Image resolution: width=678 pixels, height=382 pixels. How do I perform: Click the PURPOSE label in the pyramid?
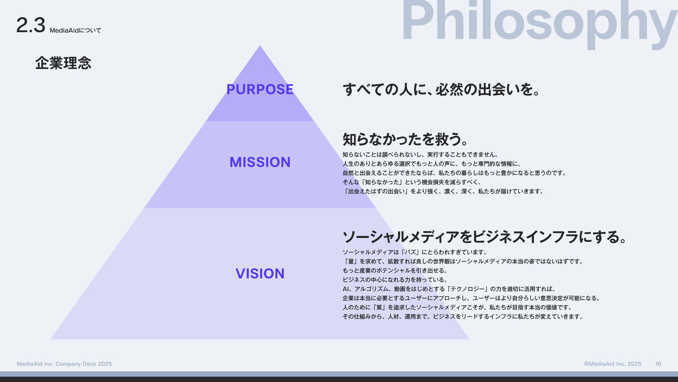click(260, 89)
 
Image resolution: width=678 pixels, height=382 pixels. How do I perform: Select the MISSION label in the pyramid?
click(260, 162)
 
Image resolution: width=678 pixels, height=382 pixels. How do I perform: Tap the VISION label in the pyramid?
click(260, 274)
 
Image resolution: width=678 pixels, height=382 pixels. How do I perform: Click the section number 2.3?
click(31, 25)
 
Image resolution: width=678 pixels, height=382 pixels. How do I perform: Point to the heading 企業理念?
click(63, 63)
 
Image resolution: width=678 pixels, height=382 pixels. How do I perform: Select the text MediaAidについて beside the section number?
click(75, 31)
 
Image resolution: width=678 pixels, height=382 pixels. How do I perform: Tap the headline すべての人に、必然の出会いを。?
click(441, 89)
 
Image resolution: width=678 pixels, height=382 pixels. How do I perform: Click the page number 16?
click(658, 364)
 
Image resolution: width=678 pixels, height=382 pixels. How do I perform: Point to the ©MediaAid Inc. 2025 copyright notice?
click(612, 364)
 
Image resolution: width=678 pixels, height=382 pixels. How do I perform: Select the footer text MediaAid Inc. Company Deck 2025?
click(64, 364)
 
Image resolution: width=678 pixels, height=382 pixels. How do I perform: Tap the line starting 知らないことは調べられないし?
click(420, 155)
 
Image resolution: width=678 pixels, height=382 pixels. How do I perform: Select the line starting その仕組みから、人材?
click(463, 317)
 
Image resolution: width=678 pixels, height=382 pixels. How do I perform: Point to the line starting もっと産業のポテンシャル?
click(395, 271)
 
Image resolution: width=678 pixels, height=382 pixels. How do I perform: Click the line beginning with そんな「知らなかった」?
click(412, 182)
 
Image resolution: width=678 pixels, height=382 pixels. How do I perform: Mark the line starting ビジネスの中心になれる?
click(395, 280)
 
